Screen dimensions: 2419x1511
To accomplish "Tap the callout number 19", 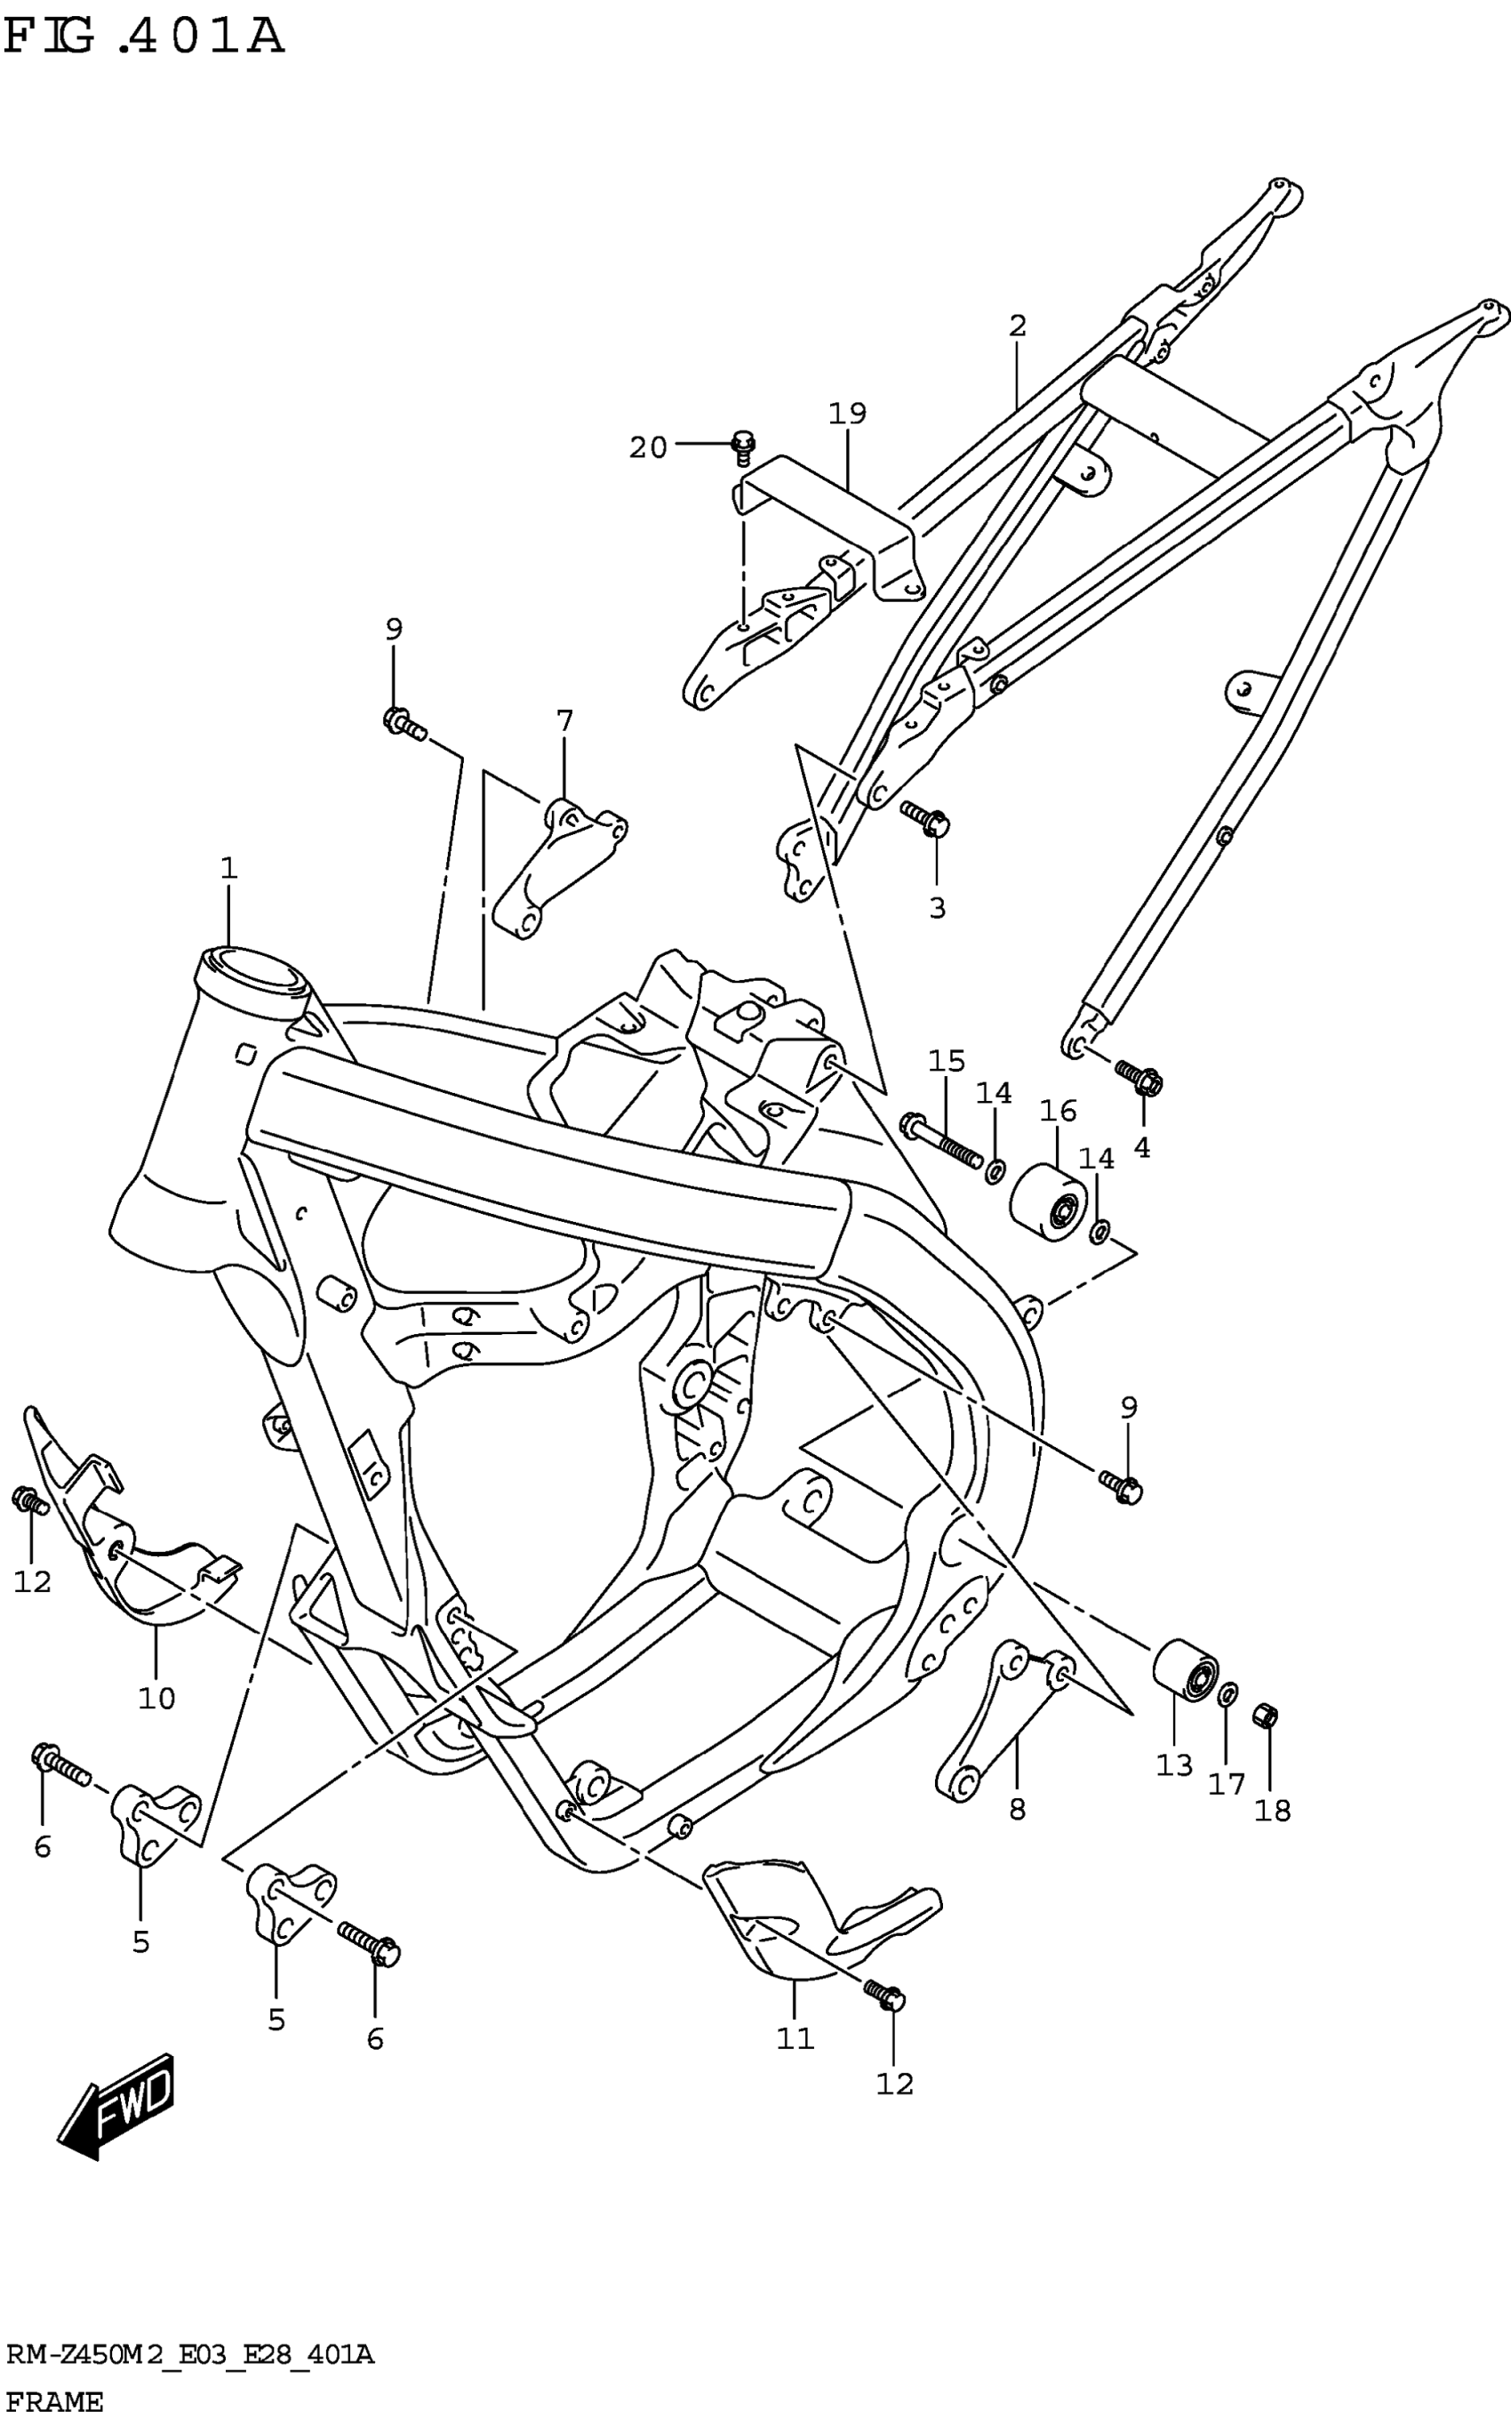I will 846,413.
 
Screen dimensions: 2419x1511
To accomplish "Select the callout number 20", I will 648,448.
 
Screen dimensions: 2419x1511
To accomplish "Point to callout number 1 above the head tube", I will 228,868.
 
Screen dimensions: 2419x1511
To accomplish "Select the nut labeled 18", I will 1265,1716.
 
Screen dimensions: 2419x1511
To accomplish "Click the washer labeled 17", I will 1230,1692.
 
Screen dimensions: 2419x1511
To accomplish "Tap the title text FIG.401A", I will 145,38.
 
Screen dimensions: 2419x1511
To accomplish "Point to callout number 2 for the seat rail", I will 1018,325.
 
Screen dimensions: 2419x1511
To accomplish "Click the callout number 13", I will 1174,1765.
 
